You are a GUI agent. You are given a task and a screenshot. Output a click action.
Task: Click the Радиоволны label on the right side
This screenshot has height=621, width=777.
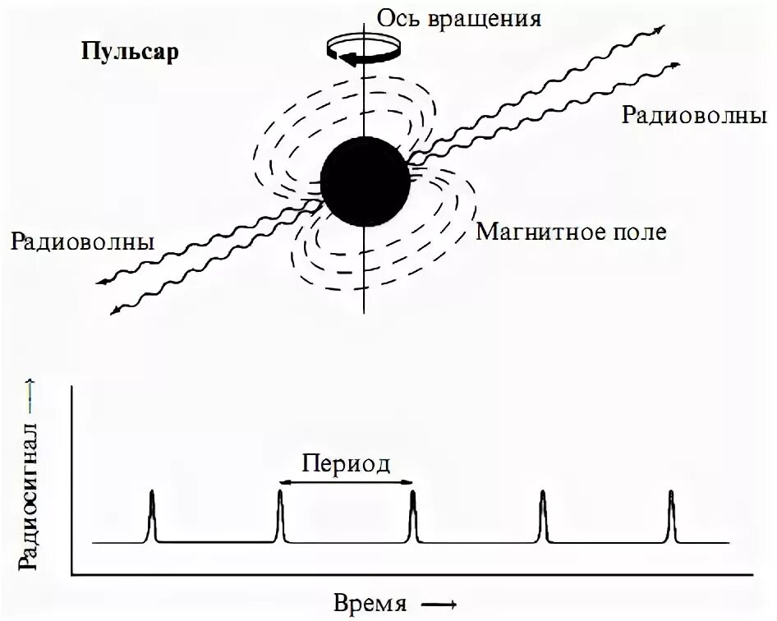(x=689, y=115)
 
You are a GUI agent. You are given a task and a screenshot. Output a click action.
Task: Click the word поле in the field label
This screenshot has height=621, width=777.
(x=639, y=231)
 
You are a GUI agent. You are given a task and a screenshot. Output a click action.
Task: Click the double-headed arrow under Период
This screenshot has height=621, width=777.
(x=346, y=482)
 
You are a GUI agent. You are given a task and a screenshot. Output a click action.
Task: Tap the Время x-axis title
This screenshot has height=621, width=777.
(x=370, y=604)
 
